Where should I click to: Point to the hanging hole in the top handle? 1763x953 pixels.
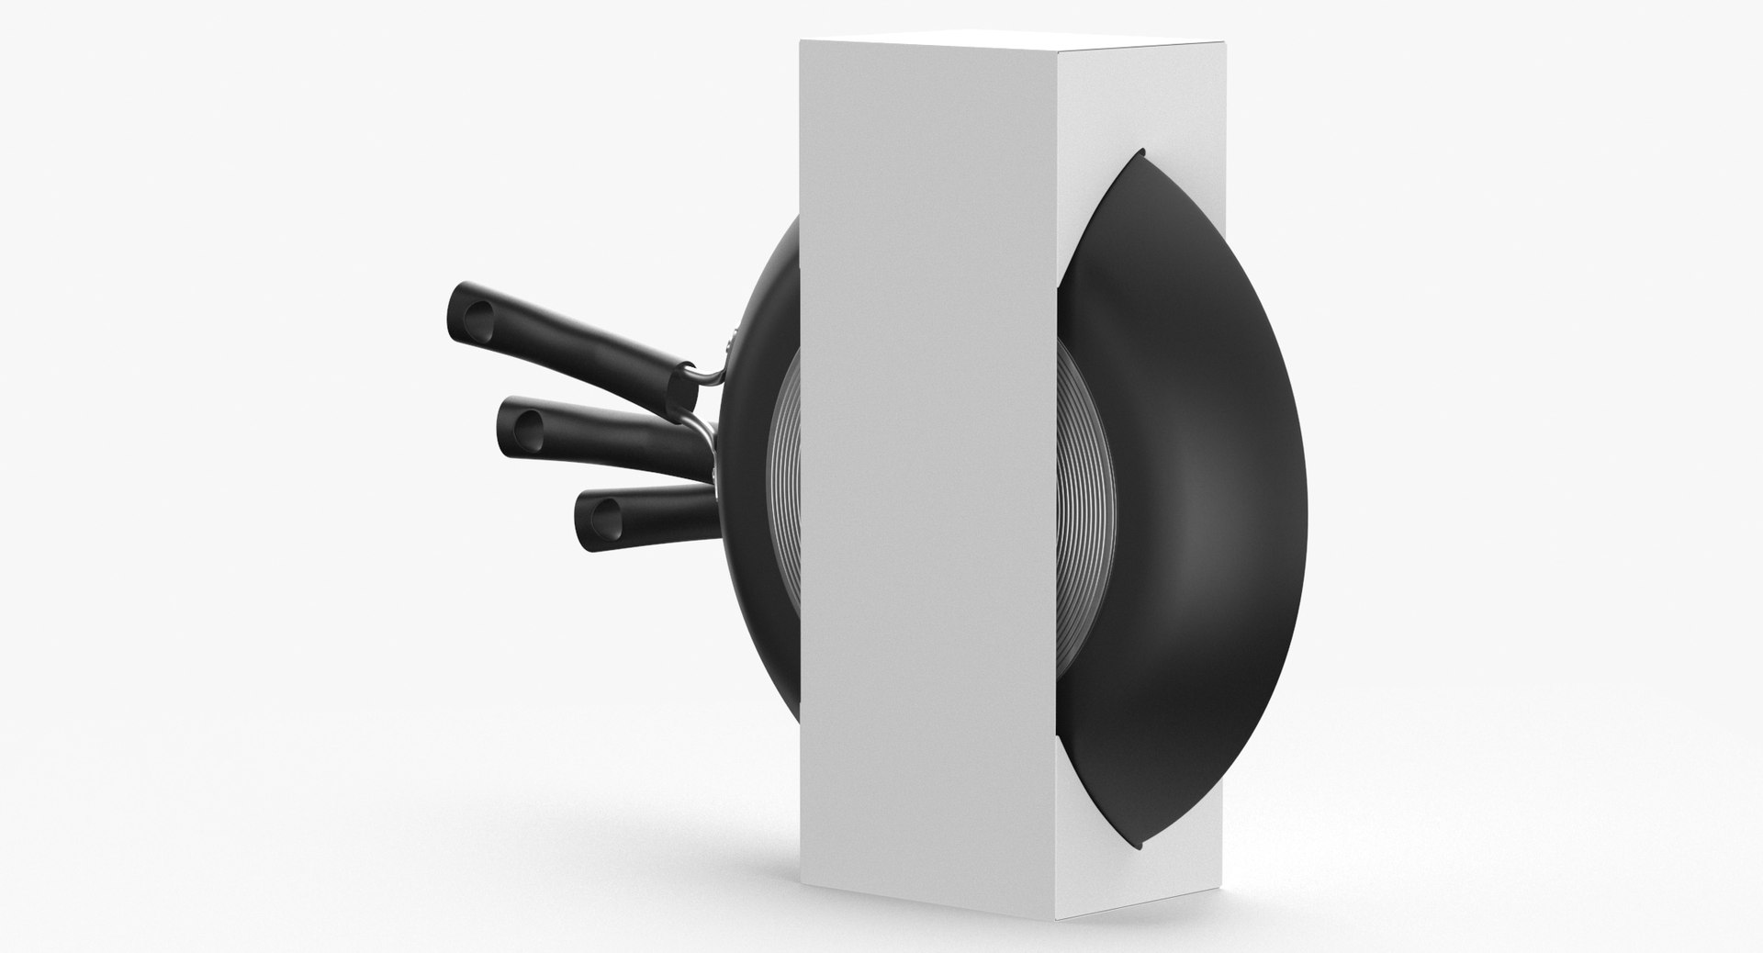pyautogui.click(x=476, y=321)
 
